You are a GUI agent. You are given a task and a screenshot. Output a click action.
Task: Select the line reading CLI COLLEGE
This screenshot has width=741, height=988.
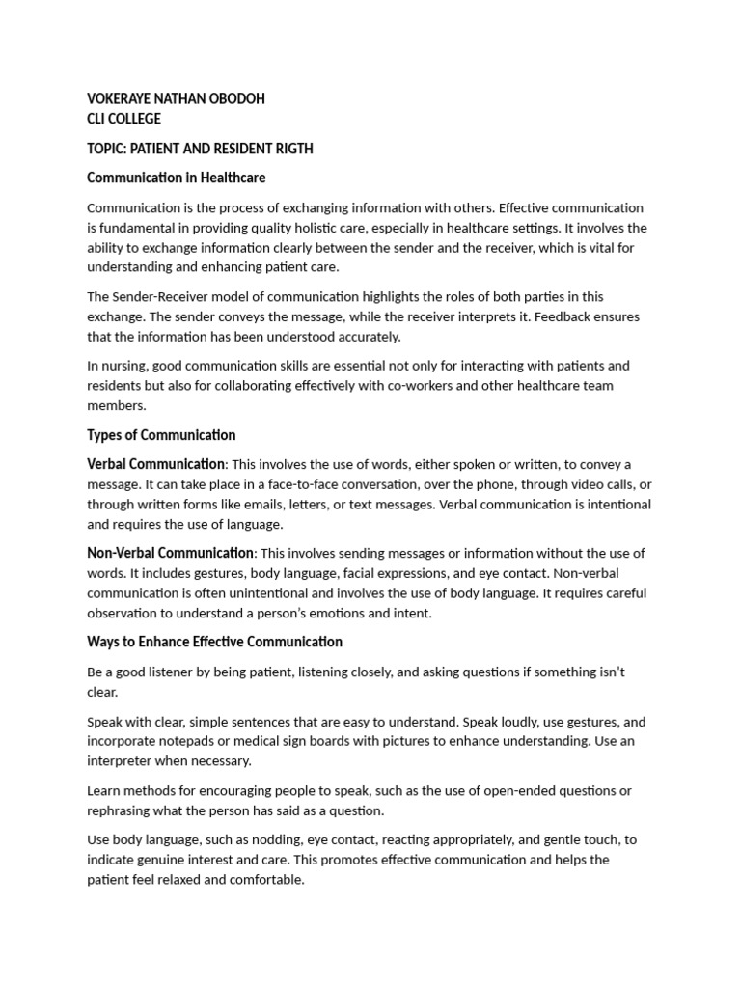tap(123, 119)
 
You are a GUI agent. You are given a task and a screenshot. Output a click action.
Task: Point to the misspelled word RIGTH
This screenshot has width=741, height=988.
tap(291, 149)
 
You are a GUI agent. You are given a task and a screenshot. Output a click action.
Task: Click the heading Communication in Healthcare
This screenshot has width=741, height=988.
tap(176, 178)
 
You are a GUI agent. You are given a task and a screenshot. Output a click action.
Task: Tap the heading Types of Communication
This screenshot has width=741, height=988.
tap(161, 434)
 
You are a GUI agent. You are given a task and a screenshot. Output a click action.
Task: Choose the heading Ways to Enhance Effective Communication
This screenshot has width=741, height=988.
tap(214, 642)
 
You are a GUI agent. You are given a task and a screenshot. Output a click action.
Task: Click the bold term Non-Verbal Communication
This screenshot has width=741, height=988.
tap(170, 553)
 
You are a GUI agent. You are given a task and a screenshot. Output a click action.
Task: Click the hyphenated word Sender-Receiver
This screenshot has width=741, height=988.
tap(161, 297)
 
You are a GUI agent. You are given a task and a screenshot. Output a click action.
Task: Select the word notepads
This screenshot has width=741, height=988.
tap(199, 741)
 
